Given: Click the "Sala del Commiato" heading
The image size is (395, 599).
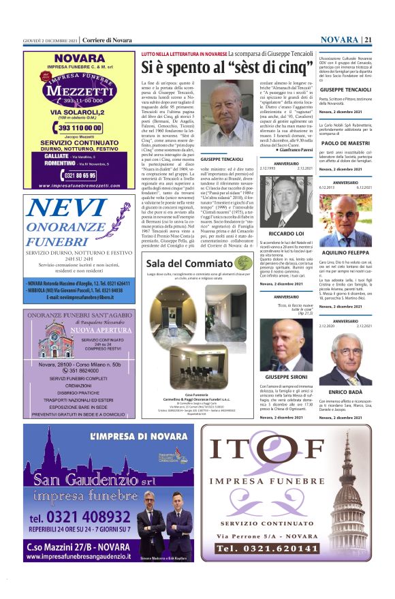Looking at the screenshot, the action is coord(180,264).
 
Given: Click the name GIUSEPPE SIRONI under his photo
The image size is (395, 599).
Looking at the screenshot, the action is coord(284,376).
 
